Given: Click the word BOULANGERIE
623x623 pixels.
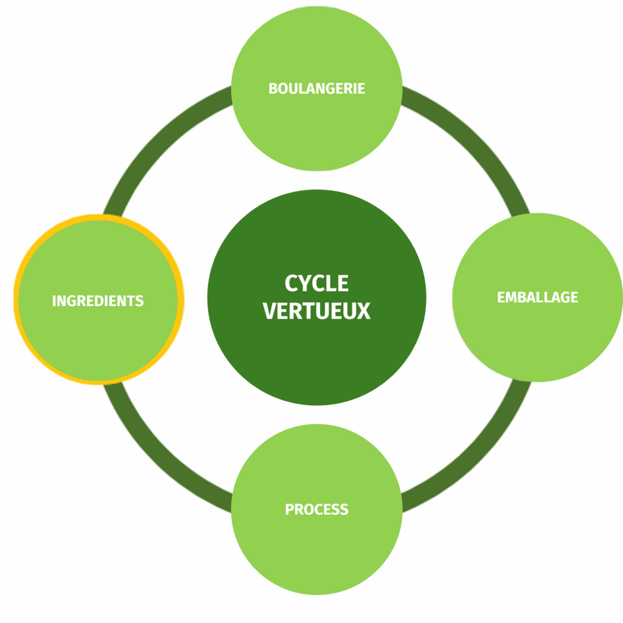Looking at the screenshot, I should coord(316,88).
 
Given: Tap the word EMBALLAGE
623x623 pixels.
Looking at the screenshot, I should coord(537,298).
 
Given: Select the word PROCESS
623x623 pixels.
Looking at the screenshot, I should coord(316,509).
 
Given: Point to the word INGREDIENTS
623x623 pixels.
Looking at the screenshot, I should coord(98,301).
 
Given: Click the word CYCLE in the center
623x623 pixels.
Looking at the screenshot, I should coord(316,284).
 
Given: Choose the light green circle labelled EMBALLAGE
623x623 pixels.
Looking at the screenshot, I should coord(537,341).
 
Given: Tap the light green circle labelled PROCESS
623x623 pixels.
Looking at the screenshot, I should coord(316,554).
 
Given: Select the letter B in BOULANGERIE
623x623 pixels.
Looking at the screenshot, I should coord(273,88).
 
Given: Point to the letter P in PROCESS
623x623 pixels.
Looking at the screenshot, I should coord(289,509).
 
